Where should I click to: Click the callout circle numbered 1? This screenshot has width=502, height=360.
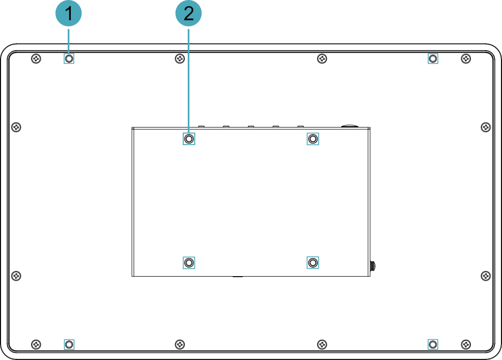[x=68, y=13]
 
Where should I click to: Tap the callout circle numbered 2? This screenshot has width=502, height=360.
[x=189, y=13]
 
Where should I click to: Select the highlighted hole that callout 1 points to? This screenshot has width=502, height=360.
[x=69, y=59]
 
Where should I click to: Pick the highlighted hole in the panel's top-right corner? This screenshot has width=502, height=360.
[x=433, y=59]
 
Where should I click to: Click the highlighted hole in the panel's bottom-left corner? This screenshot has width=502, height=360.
[x=69, y=344]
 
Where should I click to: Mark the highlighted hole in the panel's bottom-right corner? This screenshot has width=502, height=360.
[x=433, y=344]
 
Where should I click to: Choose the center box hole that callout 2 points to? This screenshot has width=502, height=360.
[x=189, y=139]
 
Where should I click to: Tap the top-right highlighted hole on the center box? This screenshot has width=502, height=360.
[x=313, y=139]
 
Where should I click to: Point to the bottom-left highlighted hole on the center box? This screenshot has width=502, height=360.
[x=189, y=263]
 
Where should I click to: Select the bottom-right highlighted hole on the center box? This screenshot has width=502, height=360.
[x=313, y=263]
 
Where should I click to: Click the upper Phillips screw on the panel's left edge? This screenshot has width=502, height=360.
[x=17, y=127]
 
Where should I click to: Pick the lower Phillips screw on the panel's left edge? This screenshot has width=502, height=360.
[x=17, y=276]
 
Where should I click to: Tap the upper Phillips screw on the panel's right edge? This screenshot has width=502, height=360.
[x=485, y=127]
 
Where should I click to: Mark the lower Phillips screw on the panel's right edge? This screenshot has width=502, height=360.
[x=485, y=276]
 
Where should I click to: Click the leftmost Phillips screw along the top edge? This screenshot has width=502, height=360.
[x=36, y=59]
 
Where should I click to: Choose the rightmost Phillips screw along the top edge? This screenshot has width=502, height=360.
[x=466, y=59]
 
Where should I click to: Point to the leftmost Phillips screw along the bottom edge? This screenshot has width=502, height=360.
[x=36, y=344]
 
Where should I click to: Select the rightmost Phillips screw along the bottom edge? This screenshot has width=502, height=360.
[x=466, y=344]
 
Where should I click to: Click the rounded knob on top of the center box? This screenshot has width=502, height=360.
[x=349, y=126]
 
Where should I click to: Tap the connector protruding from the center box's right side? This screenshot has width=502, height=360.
[x=373, y=266]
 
